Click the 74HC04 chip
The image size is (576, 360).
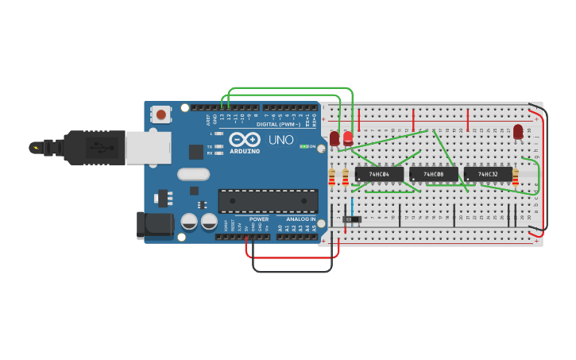coord(379,174)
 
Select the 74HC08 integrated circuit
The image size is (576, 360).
coord(433,174)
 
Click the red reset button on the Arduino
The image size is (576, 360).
coord(161,114)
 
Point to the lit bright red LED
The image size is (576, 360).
coord(348,137)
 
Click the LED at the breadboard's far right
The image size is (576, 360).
coord(518,131)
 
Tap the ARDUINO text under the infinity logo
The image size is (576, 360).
coord(245,151)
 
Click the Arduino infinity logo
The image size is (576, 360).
coord(245,139)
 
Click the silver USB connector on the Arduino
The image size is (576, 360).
coord(149,149)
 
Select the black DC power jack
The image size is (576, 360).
coord(155,225)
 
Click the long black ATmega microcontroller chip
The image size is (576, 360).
coord(267,200)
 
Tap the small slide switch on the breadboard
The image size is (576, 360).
coord(351,218)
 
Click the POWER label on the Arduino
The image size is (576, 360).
coord(259,219)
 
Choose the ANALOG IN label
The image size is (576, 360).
coord(300,219)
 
